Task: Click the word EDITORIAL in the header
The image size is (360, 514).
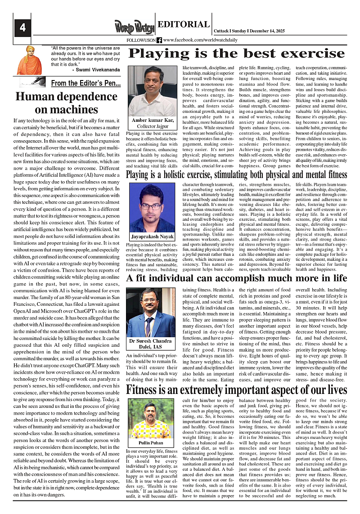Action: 184,24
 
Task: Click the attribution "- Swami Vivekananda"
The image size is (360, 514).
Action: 95,70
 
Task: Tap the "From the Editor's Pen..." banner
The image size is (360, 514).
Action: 85,83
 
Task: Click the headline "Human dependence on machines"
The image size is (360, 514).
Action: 66,103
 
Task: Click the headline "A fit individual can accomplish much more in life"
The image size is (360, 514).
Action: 237,278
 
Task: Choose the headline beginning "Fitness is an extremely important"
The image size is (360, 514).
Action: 237,389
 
